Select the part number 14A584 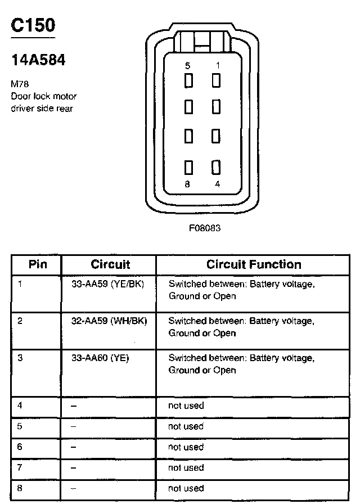[x=38, y=60]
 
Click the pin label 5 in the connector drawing [x=188, y=66]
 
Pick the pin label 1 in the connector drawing [x=217, y=66]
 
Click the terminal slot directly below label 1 [x=216, y=81]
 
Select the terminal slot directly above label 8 [x=189, y=168]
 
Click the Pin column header [x=38, y=264]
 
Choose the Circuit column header [x=110, y=264]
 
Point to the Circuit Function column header [x=254, y=264]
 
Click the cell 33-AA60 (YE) [x=100, y=358]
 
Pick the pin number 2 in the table [x=20, y=321]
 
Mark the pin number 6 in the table [x=20, y=447]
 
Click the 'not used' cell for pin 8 [x=186, y=488]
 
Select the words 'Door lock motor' [x=44, y=96]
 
